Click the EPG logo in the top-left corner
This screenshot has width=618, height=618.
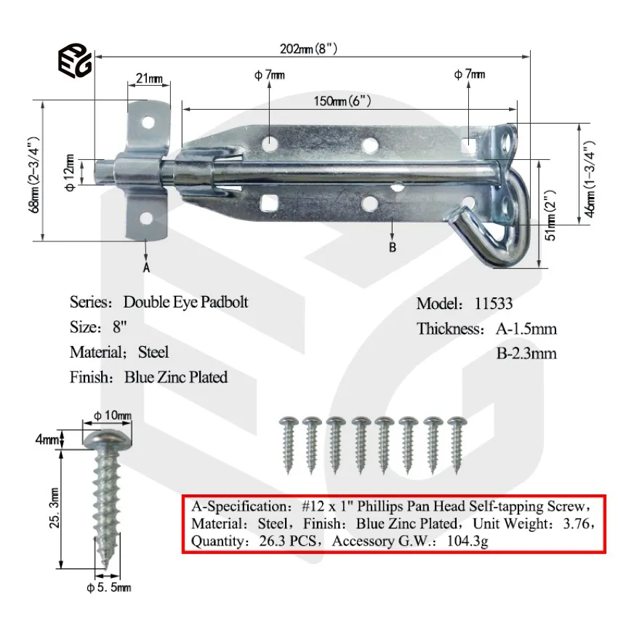[x=74, y=61]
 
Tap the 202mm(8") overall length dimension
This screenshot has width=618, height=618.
[x=308, y=49]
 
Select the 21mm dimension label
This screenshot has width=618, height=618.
[x=148, y=79]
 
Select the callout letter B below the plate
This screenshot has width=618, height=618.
[x=393, y=247]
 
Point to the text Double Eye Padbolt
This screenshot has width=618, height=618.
[x=185, y=302]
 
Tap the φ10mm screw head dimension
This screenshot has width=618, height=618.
[x=113, y=415]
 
